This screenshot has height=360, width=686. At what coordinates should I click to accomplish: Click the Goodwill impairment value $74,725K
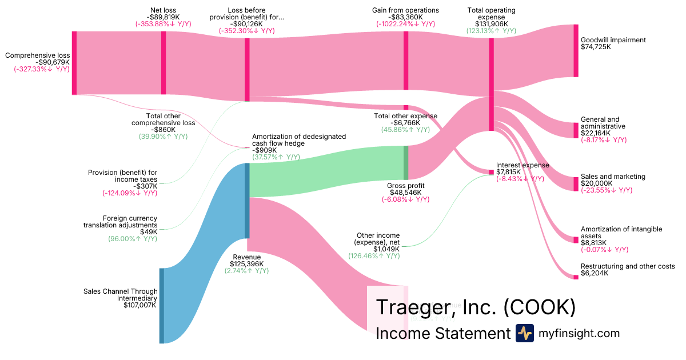pyautogui.click(x=596, y=47)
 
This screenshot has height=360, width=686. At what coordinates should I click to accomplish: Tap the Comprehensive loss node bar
pyautogui.click(x=74, y=63)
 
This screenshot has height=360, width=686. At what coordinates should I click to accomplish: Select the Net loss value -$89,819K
pyautogui.click(x=163, y=17)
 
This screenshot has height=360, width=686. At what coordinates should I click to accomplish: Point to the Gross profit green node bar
pyautogui.click(x=406, y=163)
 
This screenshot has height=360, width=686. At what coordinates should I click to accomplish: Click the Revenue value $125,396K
pyautogui.click(x=246, y=264)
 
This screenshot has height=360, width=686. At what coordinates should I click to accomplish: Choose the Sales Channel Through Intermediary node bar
pyautogui.click(x=162, y=306)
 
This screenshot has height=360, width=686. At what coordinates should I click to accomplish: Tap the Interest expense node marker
pyautogui.click(x=490, y=172)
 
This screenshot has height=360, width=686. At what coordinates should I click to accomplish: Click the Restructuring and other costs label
pyautogui.click(x=627, y=266)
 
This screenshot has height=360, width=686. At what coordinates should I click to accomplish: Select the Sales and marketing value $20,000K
pyautogui.click(x=596, y=184)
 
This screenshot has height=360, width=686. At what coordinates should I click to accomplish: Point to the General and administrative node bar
pyautogui.click(x=576, y=130)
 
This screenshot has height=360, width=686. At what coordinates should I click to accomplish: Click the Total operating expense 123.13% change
pyautogui.click(x=491, y=31)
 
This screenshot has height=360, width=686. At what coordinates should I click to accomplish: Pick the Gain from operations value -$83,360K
pyautogui.click(x=405, y=17)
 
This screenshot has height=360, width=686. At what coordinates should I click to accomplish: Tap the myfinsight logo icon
pyautogui.click(x=524, y=334)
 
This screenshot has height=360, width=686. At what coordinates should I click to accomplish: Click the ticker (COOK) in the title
pyautogui.click(x=539, y=307)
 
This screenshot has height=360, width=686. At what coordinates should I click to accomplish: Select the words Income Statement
pyautogui.click(x=442, y=334)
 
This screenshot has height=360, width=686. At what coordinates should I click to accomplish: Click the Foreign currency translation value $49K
pyautogui.click(x=149, y=231)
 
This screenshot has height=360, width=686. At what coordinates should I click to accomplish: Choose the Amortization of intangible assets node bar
pyautogui.click(x=576, y=239)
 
